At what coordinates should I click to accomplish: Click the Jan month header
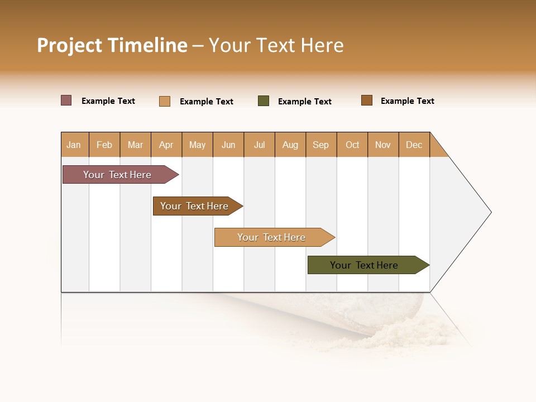click(x=74, y=145)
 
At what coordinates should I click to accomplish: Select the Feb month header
click(x=104, y=145)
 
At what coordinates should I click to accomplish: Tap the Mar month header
click(x=135, y=145)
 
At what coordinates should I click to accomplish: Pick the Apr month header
click(x=166, y=145)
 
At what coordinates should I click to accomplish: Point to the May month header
click(x=197, y=145)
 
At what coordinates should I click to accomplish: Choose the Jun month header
click(x=228, y=145)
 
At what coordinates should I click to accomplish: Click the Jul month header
click(x=259, y=145)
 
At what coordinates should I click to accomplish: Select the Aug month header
click(x=290, y=145)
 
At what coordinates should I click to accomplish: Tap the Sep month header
click(x=321, y=145)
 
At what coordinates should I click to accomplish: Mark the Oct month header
click(x=352, y=145)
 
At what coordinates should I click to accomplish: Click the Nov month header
click(x=383, y=145)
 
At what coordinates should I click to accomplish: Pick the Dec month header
click(x=414, y=145)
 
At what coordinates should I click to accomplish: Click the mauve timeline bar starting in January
click(x=118, y=175)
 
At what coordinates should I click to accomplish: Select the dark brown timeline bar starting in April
click(x=195, y=206)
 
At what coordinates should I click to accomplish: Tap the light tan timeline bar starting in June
click(x=272, y=237)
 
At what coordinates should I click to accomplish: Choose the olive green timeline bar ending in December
click(x=365, y=265)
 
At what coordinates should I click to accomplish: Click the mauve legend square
click(x=66, y=100)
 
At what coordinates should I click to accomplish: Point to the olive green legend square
click(x=264, y=101)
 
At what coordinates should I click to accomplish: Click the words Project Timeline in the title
click(x=112, y=45)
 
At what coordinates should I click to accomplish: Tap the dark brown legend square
click(x=367, y=100)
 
